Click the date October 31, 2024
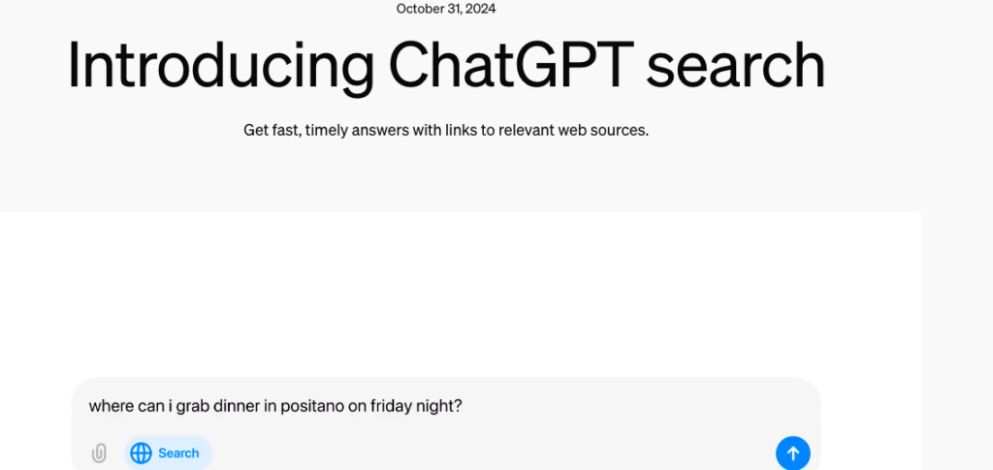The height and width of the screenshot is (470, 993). (446, 9)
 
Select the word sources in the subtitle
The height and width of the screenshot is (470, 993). (623, 131)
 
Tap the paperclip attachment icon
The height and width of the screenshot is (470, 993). (99, 453)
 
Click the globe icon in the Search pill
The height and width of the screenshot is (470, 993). (141, 453)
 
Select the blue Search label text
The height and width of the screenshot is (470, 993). (178, 453)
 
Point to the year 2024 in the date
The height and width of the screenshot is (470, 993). (480, 9)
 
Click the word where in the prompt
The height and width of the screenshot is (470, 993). (112, 406)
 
